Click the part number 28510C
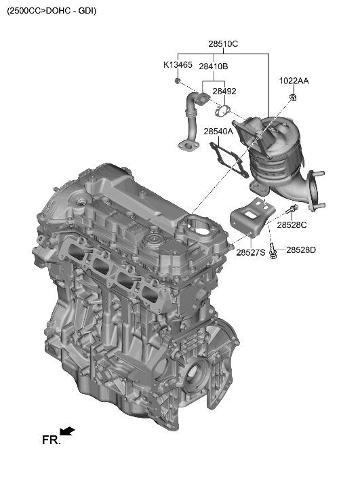tap(223, 44)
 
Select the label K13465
tap(178, 66)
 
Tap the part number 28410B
tap(214, 66)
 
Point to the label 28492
tap(224, 91)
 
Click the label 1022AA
tap(294, 81)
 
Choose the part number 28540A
tap(218, 132)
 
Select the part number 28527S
tap(251, 252)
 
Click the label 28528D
tap(301, 250)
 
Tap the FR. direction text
tap(51, 440)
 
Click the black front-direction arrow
tap(67, 431)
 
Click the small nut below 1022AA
tap(293, 99)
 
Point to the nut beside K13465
tap(177, 81)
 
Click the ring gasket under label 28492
tap(222, 110)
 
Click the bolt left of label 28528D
tap(272, 252)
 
